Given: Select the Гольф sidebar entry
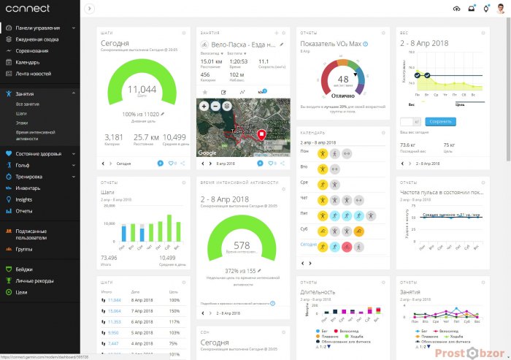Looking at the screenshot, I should coord(23,165).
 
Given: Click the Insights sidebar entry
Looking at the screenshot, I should coord(23,199).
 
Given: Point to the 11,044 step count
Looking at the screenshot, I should coord(142,89).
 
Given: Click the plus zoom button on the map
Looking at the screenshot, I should coord(205,106).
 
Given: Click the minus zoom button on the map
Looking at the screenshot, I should coord(216,106).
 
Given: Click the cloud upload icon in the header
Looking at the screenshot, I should coord(457,9).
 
